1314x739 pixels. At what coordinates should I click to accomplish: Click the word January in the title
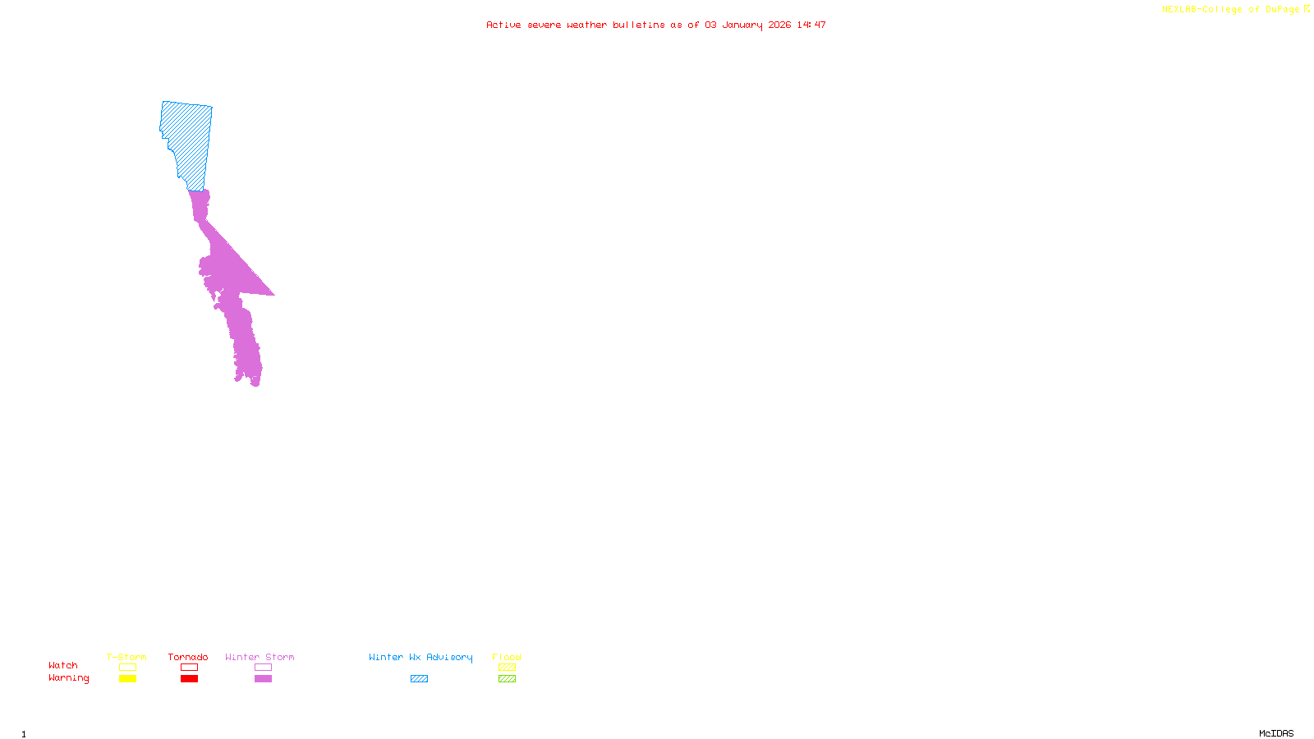click(742, 25)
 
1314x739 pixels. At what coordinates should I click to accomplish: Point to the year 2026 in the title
click(779, 25)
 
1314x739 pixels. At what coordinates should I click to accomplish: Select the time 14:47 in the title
click(811, 25)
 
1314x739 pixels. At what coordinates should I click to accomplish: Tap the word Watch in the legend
click(63, 665)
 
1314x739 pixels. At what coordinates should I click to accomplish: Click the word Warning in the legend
click(68, 678)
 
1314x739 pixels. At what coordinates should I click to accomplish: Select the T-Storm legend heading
click(126, 657)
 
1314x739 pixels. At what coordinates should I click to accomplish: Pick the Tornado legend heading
click(188, 657)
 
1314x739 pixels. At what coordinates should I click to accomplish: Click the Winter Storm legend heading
click(260, 657)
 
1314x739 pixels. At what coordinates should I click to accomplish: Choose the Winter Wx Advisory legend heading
click(420, 657)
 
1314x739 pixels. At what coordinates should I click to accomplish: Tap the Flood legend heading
click(507, 657)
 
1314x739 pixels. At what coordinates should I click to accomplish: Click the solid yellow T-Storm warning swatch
click(127, 679)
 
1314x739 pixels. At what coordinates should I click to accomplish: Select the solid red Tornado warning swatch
click(189, 679)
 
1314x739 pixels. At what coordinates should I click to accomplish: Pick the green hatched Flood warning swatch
click(507, 679)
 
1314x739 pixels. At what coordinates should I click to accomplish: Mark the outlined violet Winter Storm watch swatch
click(263, 668)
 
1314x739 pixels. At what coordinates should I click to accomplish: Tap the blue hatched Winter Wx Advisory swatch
click(419, 679)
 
